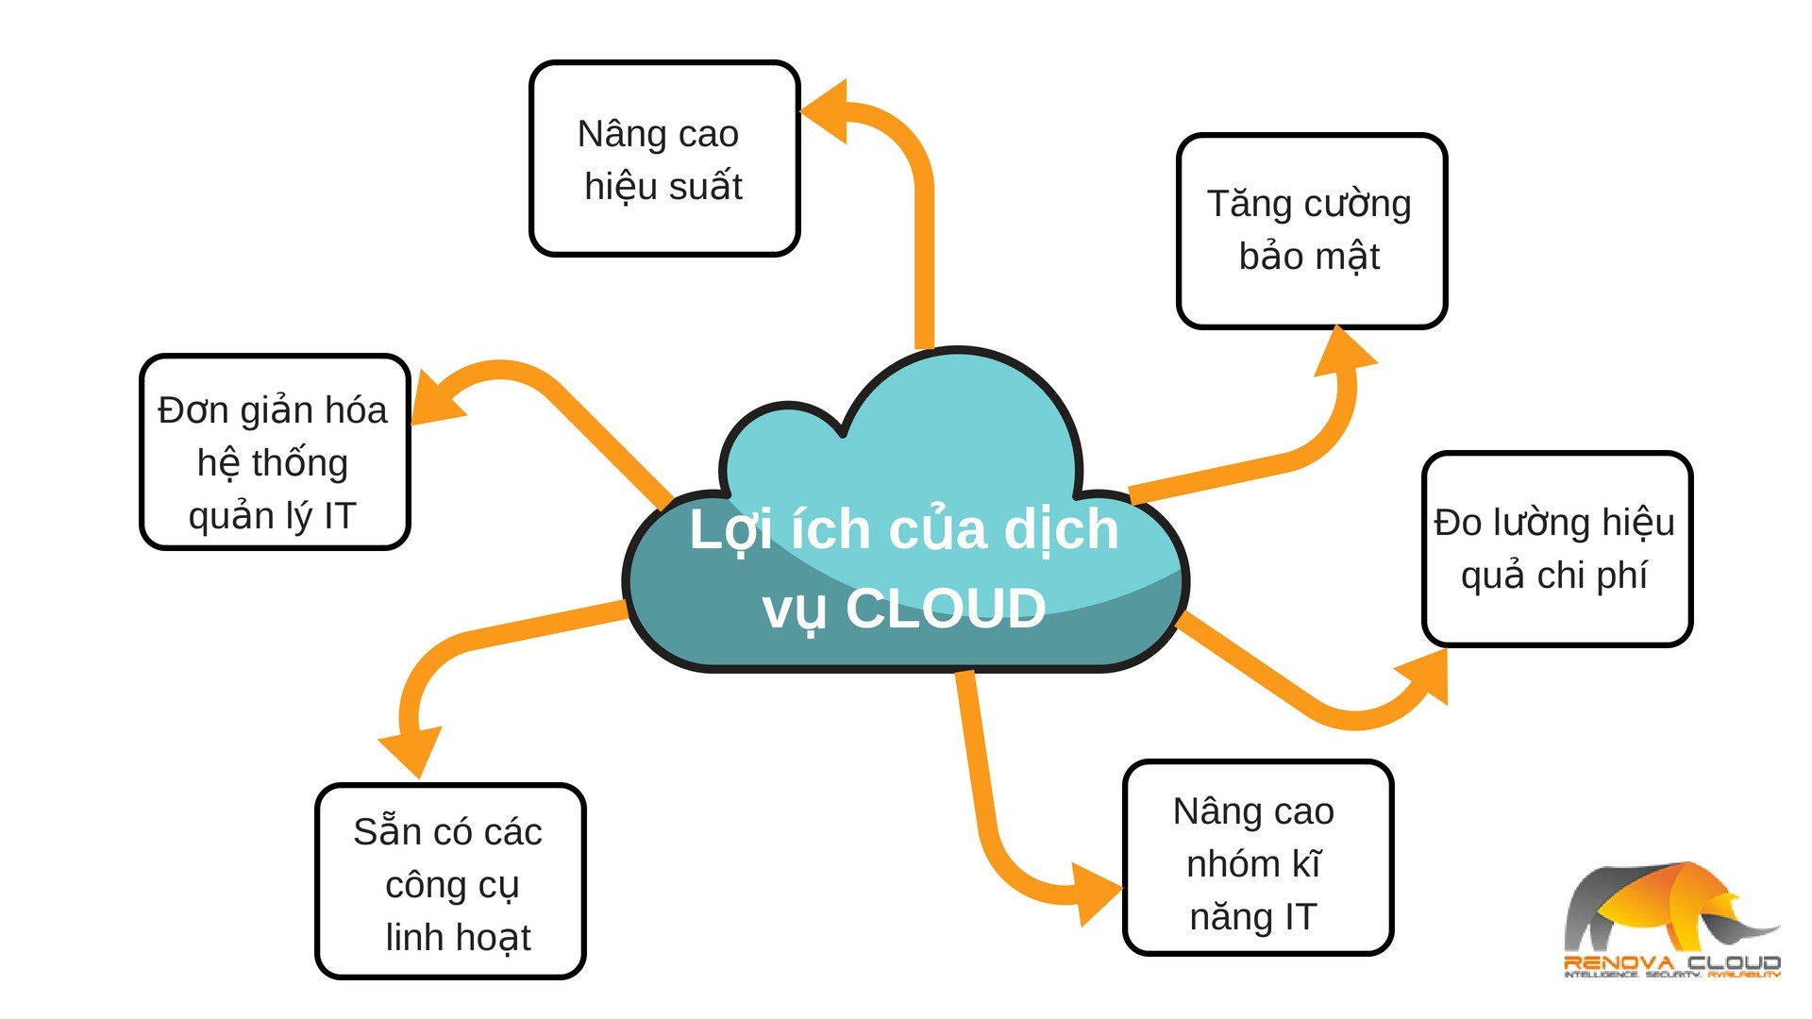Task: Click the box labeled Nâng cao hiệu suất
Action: [664, 159]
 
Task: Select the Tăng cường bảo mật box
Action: [1311, 231]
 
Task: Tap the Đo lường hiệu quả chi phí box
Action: [1556, 549]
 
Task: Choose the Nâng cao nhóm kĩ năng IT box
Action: [1257, 859]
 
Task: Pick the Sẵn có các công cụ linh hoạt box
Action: [450, 882]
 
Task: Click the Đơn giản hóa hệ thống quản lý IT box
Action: [274, 452]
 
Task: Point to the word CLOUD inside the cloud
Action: [946, 609]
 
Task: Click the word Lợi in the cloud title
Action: [731, 530]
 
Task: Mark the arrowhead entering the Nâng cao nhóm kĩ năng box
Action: [1097, 891]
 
